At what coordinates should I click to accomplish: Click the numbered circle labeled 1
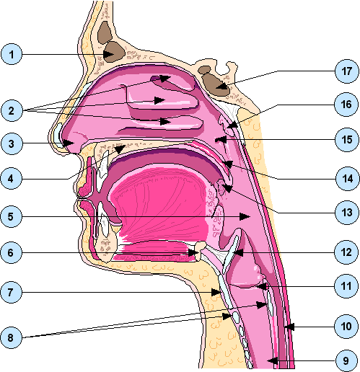(x=12, y=54)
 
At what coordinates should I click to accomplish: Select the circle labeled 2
(x=12, y=110)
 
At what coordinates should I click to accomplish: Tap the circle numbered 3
(x=12, y=143)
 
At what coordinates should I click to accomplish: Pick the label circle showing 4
(x=11, y=179)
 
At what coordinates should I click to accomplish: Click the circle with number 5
(x=11, y=216)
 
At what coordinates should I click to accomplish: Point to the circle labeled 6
(x=11, y=252)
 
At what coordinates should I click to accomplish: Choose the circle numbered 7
(x=11, y=292)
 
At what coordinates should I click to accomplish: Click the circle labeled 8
(x=11, y=337)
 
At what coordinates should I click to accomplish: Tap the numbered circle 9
(x=346, y=360)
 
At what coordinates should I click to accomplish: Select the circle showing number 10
(x=346, y=327)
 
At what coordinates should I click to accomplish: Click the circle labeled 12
(x=347, y=252)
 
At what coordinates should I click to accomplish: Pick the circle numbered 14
(x=347, y=179)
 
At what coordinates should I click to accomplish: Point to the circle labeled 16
(x=346, y=105)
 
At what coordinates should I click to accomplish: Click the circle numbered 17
(x=347, y=71)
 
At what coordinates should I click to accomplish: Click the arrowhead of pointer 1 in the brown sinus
(x=109, y=54)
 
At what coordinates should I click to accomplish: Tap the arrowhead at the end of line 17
(x=221, y=87)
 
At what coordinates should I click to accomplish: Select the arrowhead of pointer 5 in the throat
(x=245, y=216)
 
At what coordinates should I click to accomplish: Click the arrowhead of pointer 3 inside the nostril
(x=69, y=143)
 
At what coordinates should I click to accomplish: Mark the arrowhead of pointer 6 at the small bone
(x=193, y=252)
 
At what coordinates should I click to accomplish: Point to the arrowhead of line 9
(x=273, y=360)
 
